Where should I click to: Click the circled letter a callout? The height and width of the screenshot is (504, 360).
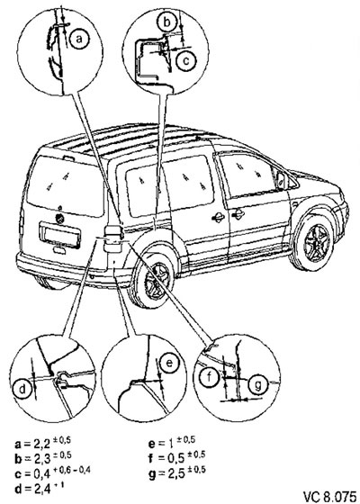pos(79,39)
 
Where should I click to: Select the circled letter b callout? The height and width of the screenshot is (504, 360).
pos(166,22)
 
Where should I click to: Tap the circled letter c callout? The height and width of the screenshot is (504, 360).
pos(186,60)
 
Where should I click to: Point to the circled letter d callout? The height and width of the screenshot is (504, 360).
pos(22,390)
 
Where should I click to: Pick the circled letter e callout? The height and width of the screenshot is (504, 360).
pos(169,364)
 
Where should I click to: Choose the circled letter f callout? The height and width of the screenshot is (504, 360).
pos(209,377)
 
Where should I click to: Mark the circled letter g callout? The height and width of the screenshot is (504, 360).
pos(257,384)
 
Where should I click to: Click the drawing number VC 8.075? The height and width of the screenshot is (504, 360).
pos(329,496)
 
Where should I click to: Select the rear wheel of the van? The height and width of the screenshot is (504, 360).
pos(154,280)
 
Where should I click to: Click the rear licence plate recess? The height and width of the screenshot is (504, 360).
pos(59,236)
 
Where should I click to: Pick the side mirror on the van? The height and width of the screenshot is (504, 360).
pos(283,180)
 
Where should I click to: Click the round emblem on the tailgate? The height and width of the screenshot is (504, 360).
pos(59,219)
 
